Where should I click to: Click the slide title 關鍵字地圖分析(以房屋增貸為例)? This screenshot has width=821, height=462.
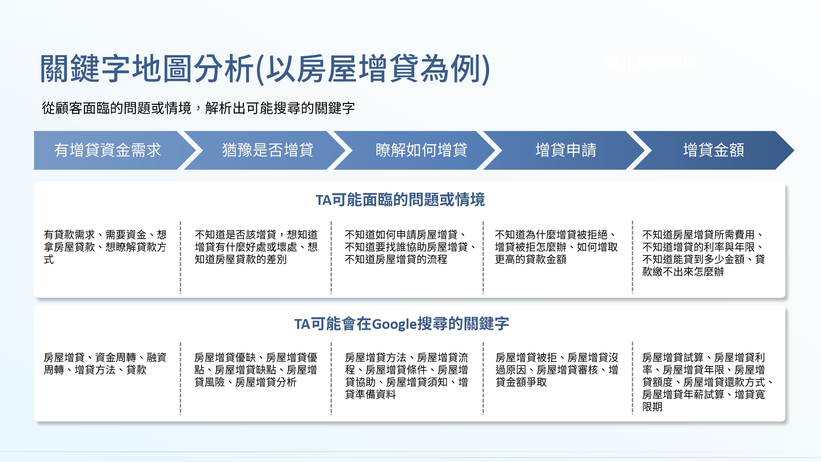click(265, 69)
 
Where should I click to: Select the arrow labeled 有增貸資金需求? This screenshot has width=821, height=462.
click(111, 150)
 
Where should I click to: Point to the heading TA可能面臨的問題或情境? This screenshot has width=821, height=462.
click(400, 200)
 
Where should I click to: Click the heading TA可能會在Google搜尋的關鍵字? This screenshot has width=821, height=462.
click(401, 324)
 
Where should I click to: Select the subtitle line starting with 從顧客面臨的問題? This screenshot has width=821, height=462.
click(198, 108)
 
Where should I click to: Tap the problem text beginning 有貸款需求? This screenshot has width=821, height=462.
click(105, 247)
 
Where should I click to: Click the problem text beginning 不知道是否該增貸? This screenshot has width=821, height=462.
click(256, 247)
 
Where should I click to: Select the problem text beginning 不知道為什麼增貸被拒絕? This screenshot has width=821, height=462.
click(556, 247)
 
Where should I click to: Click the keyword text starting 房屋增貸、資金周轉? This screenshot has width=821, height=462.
click(105, 363)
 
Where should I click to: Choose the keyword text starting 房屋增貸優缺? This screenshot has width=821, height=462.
click(256, 370)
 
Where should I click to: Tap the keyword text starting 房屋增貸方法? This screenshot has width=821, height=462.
click(406, 376)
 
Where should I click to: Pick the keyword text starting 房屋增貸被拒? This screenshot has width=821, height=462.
click(557, 370)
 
